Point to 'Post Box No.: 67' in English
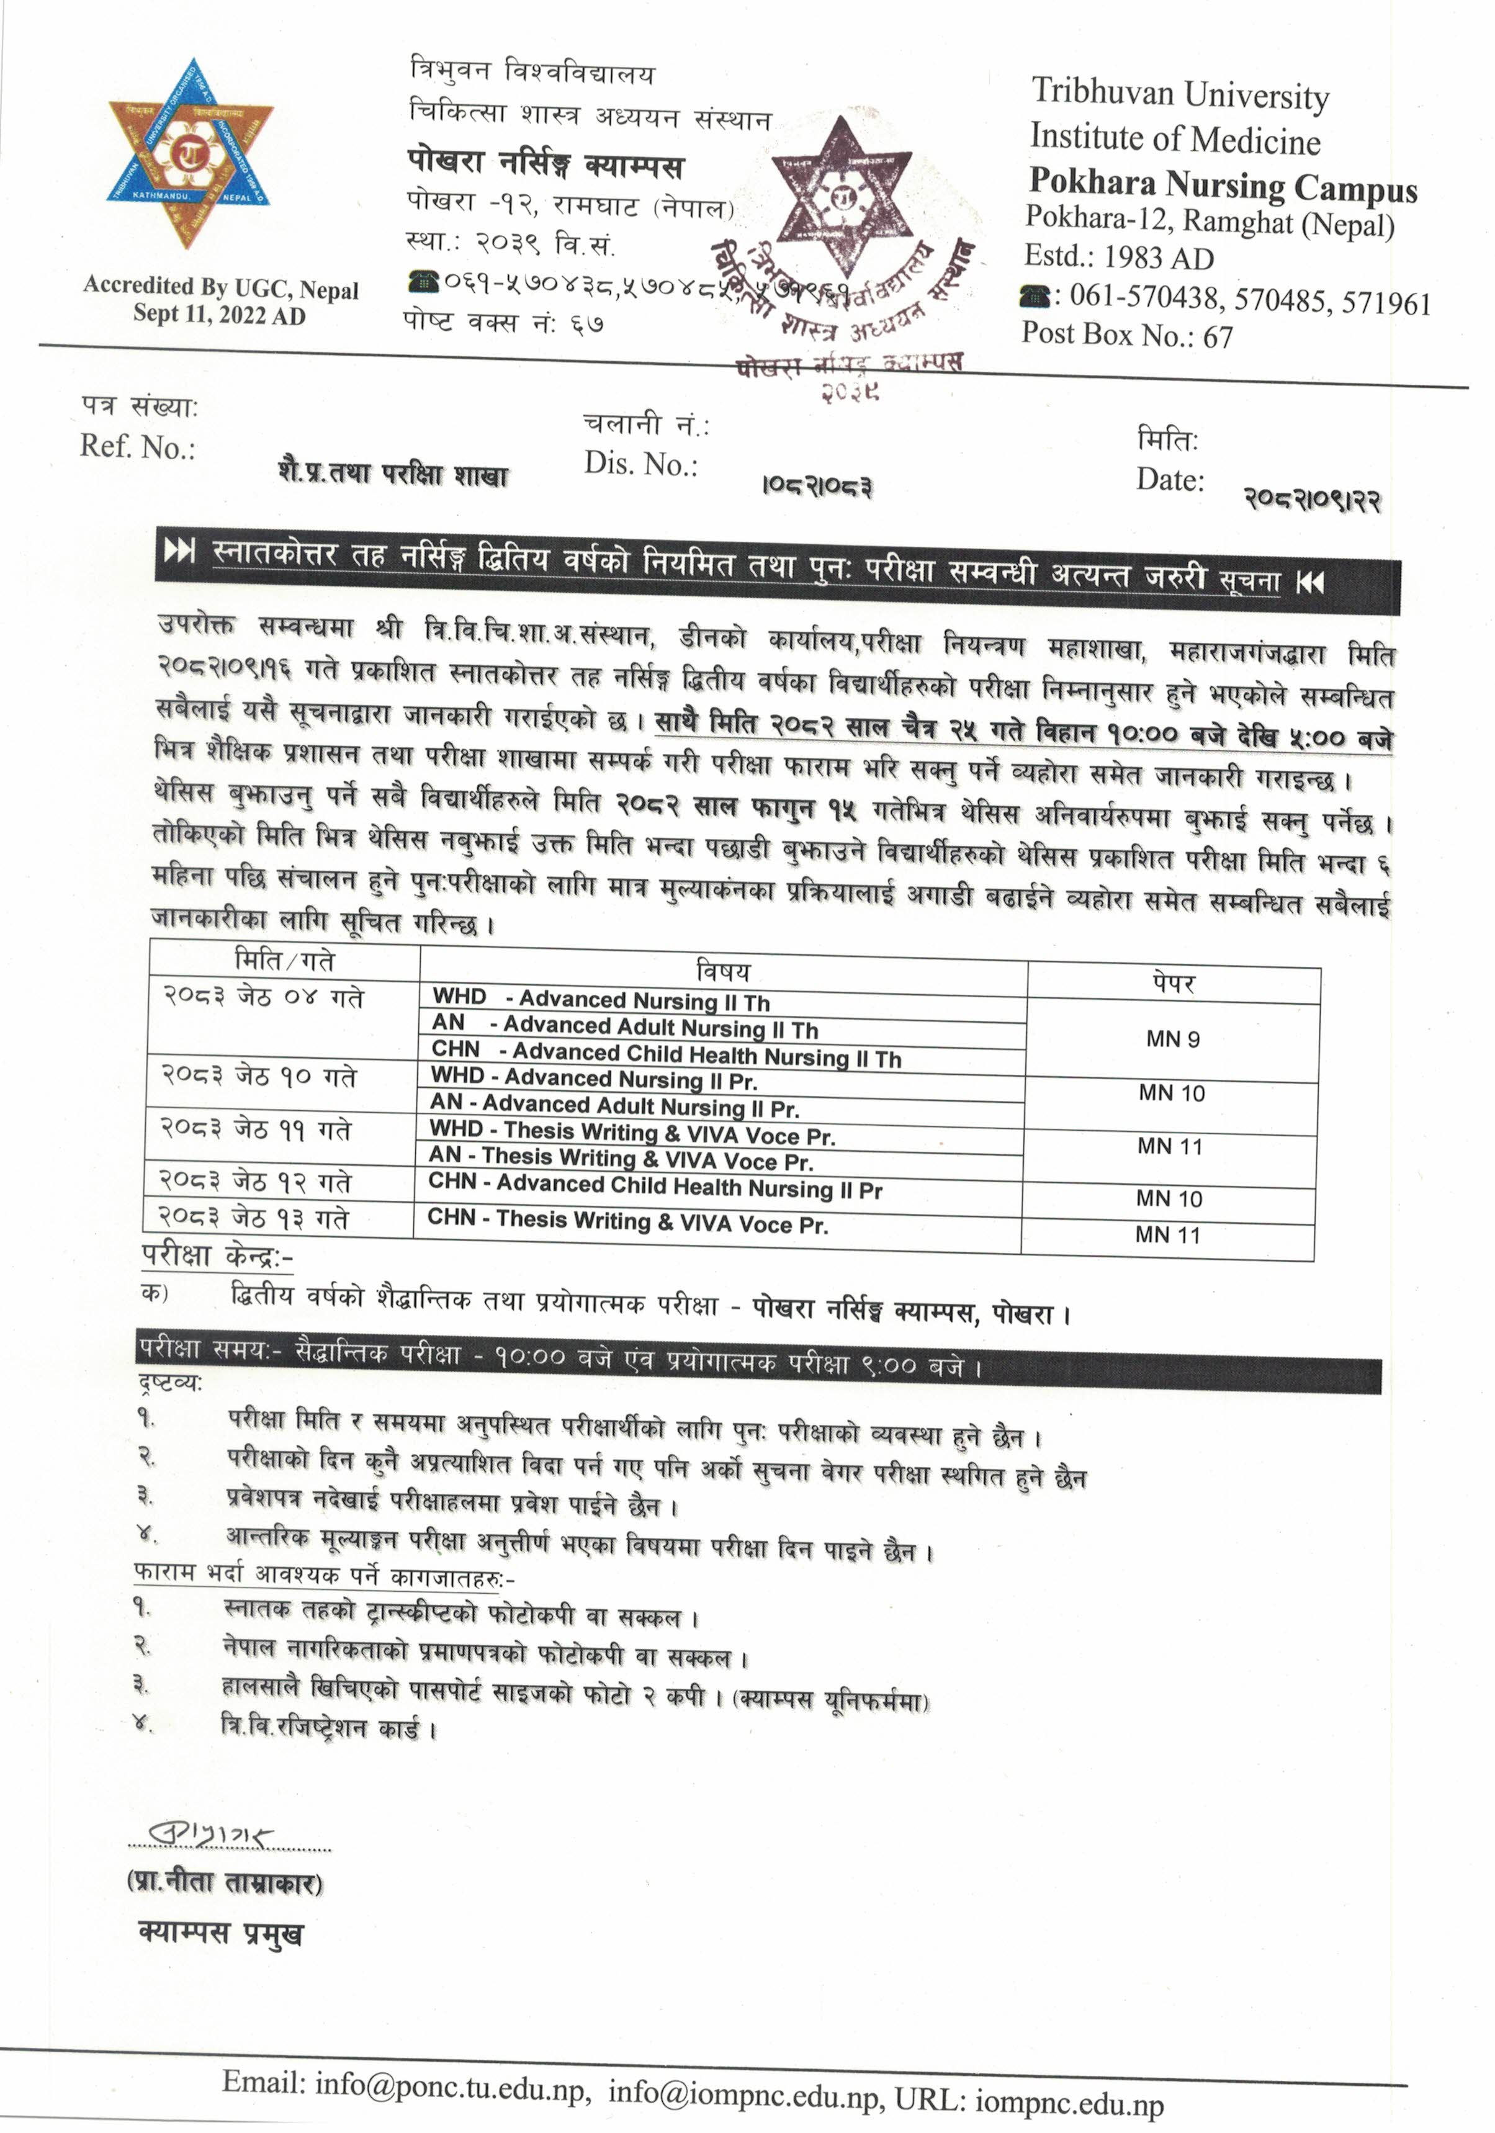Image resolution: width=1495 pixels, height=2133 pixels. (1127, 335)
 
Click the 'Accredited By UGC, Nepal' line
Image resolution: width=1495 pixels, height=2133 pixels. (220, 287)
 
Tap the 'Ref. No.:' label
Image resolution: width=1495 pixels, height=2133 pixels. (138, 447)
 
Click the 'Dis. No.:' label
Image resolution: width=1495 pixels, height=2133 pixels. (640, 464)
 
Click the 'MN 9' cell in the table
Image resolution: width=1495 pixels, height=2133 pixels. (1172, 1039)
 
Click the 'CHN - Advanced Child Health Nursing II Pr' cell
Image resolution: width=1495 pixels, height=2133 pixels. (654, 1187)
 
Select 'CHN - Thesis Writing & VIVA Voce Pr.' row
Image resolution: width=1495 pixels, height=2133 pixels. (627, 1221)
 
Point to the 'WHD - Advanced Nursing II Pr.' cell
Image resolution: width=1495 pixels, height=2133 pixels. (594, 1079)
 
